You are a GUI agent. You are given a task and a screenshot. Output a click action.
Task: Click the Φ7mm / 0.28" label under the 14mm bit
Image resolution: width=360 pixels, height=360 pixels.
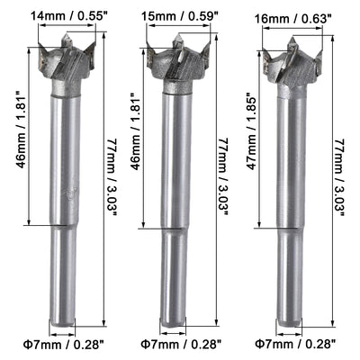pyautogui.click(x=66, y=344)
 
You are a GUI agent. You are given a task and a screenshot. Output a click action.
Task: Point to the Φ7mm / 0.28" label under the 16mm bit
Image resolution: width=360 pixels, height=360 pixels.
pyautogui.click(x=293, y=344)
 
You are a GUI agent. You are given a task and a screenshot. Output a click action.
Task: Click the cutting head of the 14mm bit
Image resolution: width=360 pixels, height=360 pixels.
pyautogui.click(x=66, y=61)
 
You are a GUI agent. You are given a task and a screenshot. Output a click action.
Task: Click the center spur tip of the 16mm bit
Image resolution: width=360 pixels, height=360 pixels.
pyautogui.click(x=294, y=39)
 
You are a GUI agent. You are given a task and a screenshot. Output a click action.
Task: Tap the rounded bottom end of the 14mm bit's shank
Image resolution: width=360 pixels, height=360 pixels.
pyautogui.click(x=65, y=322)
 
